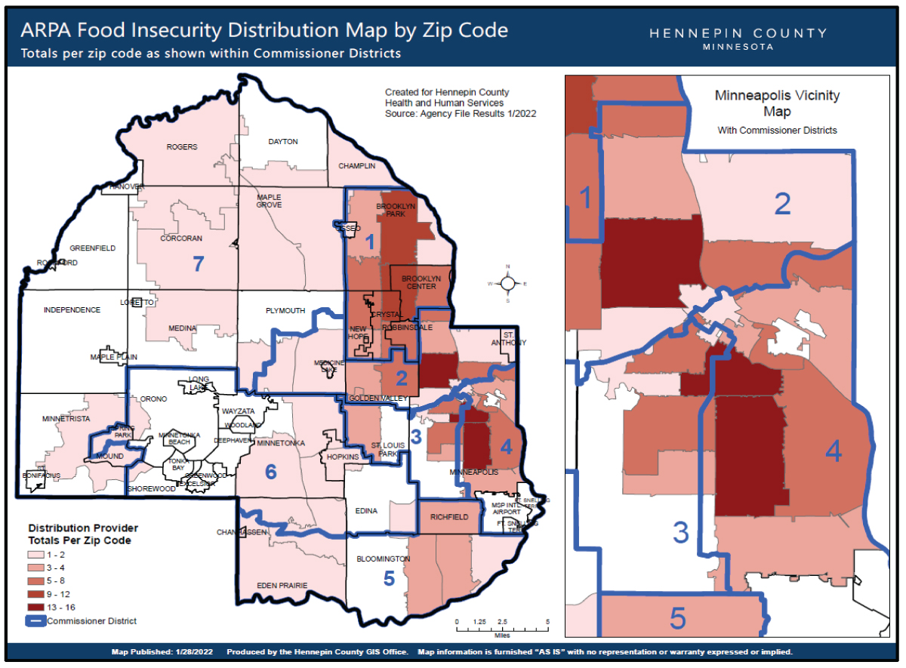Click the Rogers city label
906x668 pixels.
pos(181,147)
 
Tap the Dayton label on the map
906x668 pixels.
pos(283,141)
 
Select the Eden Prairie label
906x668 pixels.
pos(282,585)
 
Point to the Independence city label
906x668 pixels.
pos(72,310)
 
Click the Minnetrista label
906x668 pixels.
pos(66,418)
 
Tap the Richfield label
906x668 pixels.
pos(448,517)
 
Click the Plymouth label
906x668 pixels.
pos(285,310)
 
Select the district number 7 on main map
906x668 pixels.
pos(199,264)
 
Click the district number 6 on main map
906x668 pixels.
pos(270,472)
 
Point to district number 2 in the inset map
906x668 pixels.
pos(782,204)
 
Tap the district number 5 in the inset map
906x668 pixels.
pos(678,619)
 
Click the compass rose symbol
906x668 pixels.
pos(508,283)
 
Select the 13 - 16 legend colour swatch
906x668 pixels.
pos(37,607)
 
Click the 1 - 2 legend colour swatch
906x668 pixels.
pos(37,554)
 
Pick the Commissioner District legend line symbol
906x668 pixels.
pos(37,621)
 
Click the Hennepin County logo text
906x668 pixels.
pos(738,38)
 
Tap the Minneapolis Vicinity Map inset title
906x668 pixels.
pos(777,103)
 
